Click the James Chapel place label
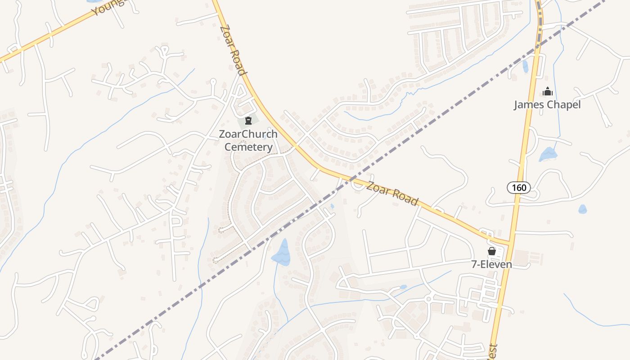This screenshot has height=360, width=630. tap(547, 105)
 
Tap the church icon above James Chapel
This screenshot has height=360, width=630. tap(547, 92)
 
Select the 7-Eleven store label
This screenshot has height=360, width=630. tap(491, 264)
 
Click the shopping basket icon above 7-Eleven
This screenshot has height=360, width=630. tap(492, 251)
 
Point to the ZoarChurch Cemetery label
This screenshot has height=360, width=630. tap(248, 140)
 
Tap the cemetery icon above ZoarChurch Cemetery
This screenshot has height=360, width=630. tap(248, 121)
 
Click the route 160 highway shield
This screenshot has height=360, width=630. tap(519, 187)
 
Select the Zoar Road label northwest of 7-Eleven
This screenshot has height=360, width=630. tap(392, 193)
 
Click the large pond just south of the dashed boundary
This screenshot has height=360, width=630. tap(282, 252)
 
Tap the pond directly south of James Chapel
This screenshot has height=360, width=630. tap(548, 154)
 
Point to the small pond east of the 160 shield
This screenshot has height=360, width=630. tap(582, 209)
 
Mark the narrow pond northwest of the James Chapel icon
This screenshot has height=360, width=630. tap(525, 66)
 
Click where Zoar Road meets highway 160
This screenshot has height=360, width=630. tap(510, 243)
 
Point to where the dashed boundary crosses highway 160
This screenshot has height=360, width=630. tap(538, 47)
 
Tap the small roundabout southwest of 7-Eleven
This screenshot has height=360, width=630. tap(428, 299)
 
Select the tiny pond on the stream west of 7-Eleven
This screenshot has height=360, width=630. tap(403, 287)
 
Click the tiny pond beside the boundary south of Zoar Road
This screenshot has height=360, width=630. tap(332, 206)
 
